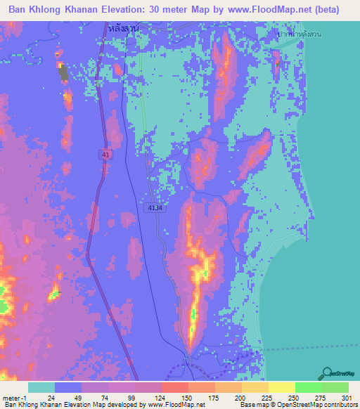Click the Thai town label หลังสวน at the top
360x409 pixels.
[x=124, y=28]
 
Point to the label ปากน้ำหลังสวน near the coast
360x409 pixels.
[x=303, y=34]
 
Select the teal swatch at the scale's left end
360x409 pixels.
[x=41, y=387]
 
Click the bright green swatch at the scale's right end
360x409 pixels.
[x=335, y=387]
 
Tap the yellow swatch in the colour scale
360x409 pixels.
[x=281, y=387]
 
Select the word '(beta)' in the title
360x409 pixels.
[x=323, y=10]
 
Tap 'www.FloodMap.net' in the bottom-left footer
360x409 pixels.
[x=174, y=405]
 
